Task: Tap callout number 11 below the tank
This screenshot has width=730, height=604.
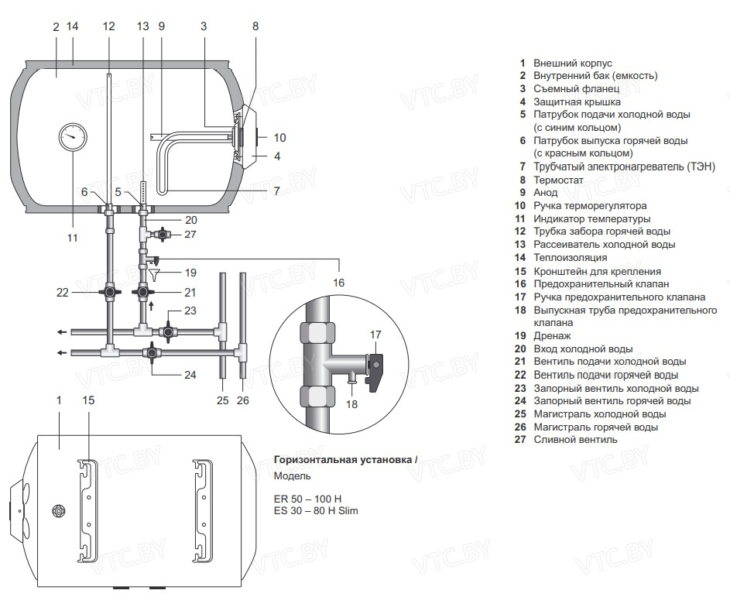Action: [x=72, y=238]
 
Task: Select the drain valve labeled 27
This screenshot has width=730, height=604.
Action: [x=164, y=233]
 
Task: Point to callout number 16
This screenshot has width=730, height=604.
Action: [x=338, y=283]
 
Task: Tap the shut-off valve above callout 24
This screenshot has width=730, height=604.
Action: [x=152, y=353]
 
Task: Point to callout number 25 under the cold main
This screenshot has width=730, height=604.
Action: [x=223, y=400]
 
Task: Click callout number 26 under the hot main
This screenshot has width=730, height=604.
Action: [x=243, y=400]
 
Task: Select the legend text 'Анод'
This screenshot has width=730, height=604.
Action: [x=545, y=193]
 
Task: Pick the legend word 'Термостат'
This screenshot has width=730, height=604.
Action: [x=558, y=180]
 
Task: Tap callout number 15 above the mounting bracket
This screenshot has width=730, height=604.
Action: [x=89, y=400]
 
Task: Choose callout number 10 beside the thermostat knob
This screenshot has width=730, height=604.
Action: [x=279, y=138]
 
